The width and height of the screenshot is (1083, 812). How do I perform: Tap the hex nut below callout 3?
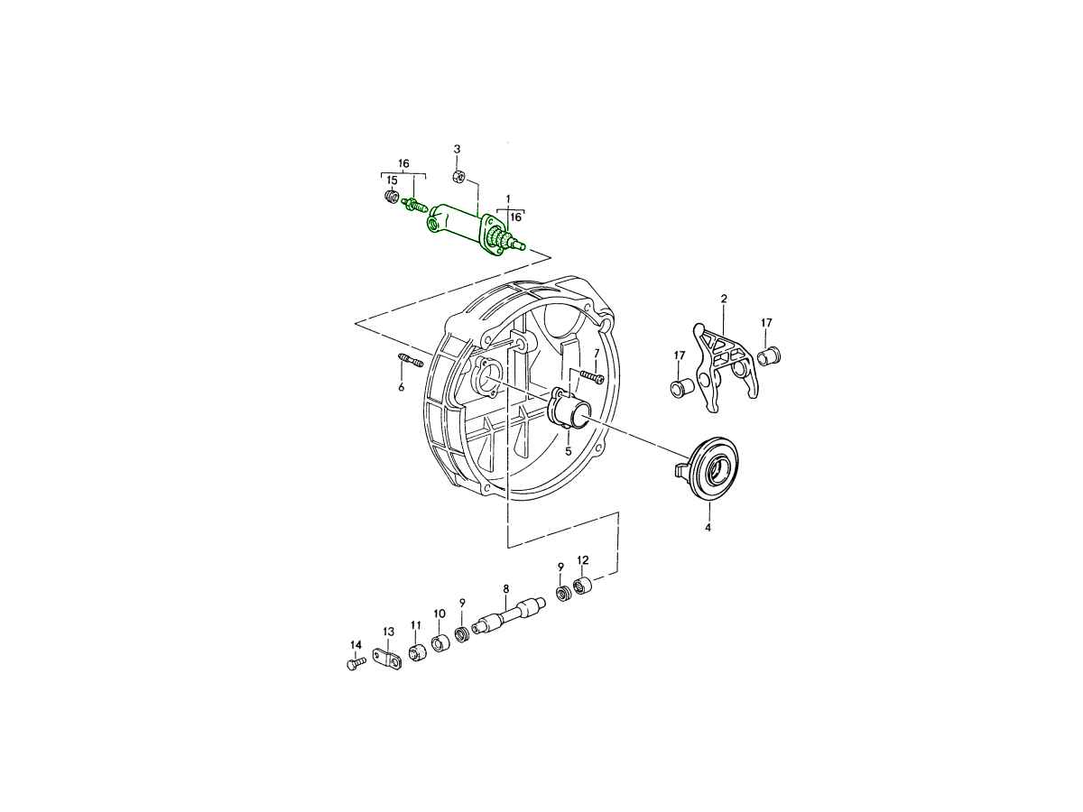coord(457,175)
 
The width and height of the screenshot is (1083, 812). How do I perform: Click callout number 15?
coord(392,181)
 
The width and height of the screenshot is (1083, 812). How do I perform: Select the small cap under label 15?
coord(392,197)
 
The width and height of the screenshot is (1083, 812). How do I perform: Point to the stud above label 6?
coord(410,360)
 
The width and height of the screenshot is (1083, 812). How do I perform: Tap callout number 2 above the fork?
coord(724,299)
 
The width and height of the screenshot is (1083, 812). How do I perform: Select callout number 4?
coord(708,528)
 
